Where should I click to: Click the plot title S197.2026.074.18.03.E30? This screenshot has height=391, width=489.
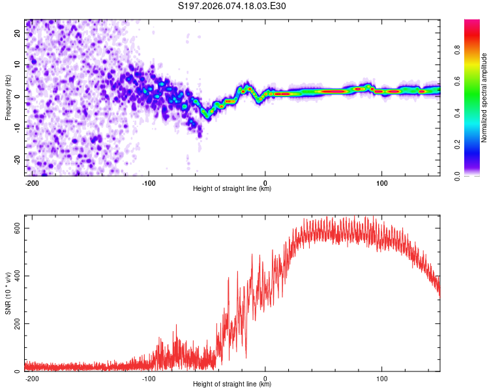pyautogui.click(x=232, y=7)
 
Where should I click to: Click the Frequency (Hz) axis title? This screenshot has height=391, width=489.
pyautogui.click(x=8, y=98)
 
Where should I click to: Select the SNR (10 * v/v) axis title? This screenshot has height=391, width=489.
pyautogui.click(x=8, y=295)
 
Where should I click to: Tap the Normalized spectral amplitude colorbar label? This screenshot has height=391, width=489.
pyautogui.click(x=484, y=98)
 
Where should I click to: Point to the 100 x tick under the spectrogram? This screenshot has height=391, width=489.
pyautogui.click(x=381, y=182)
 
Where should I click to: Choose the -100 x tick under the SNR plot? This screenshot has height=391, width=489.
pyautogui.click(x=149, y=378)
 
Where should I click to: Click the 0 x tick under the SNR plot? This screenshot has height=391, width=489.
pyautogui.click(x=265, y=378)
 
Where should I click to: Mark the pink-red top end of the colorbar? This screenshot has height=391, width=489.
pyautogui.click(x=472, y=23)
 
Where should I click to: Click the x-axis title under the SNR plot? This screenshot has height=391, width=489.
pyautogui.click(x=232, y=384)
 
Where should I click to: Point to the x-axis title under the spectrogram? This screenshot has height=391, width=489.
pyautogui.click(x=232, y=189)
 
